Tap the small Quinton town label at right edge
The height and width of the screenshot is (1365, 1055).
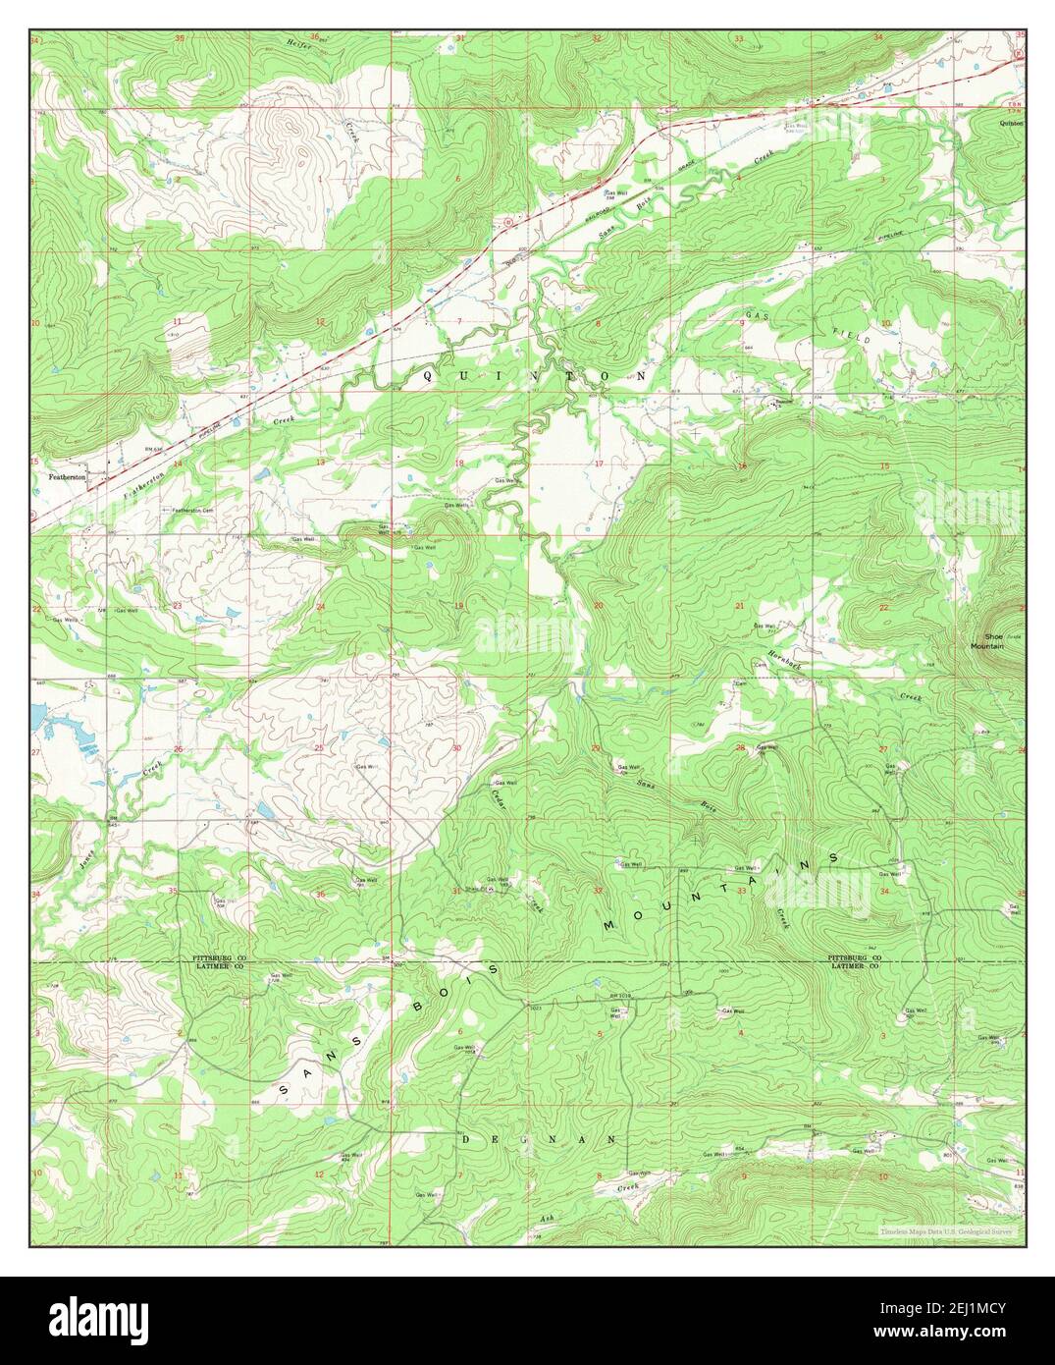[1010, 124]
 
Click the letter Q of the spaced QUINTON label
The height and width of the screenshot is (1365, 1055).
[428, 376]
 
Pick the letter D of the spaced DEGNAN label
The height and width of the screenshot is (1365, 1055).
[468, 1139]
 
